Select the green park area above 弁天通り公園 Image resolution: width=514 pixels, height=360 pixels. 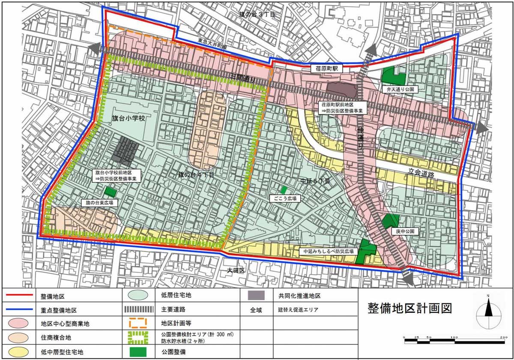tap(394, 76)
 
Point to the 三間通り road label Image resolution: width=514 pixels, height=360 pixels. tap(242, 79)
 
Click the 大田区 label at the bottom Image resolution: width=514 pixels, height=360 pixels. tap(236, 270)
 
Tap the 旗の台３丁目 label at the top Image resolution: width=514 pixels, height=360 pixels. tap(257, 15)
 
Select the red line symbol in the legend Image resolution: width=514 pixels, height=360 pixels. tap(19, 295)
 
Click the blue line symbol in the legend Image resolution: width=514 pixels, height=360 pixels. tap(19, 309)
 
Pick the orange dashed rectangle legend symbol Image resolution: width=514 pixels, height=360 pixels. tap(138, 323)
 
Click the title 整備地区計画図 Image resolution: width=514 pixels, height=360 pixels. tap(410, 309)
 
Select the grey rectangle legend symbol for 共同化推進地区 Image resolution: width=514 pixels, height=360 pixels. tap(258, 295)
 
